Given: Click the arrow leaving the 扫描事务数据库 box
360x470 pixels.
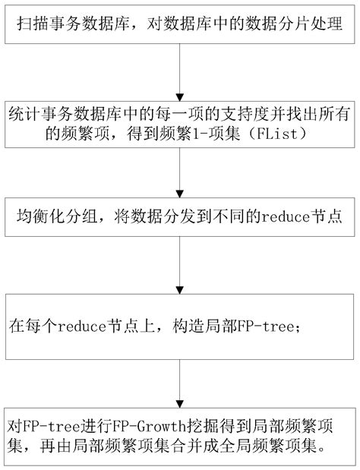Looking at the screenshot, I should [179, 77].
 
